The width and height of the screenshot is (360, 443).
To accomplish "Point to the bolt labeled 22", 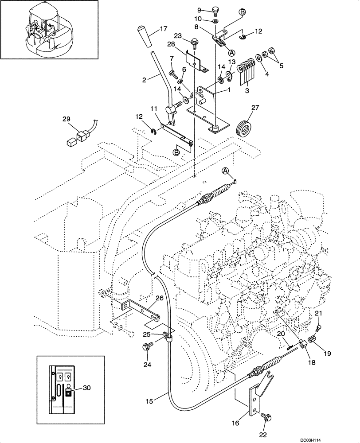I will (x=267, y=417).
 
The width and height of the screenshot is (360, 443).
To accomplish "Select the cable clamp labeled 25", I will (x=168, y=338).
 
